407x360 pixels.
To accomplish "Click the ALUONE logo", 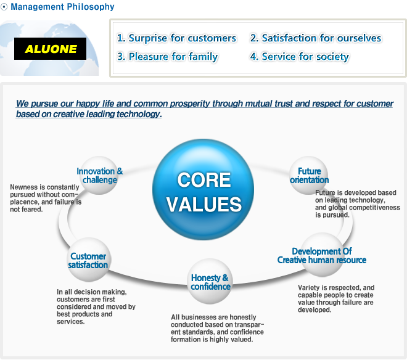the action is [50, 49].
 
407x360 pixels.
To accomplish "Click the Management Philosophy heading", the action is [62, 7].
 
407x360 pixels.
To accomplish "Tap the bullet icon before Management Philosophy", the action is [4, 7].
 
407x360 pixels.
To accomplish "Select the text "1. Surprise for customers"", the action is [176, 38].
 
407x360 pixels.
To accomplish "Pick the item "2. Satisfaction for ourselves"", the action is [316, 38].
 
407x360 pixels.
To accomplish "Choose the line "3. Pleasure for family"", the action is [167, 57].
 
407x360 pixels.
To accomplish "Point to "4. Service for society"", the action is [300, 57].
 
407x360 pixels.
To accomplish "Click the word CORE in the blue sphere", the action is [204, 180].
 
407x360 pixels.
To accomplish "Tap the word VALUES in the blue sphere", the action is [204, 204].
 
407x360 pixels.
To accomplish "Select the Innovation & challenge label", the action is [100, 176].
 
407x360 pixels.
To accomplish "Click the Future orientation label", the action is [309, 176].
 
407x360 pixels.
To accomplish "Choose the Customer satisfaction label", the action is [88, 261].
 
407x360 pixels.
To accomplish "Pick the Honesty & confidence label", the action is [210, 282].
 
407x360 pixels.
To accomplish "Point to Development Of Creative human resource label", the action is [322, 256].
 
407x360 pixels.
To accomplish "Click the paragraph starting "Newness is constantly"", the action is [46, 198].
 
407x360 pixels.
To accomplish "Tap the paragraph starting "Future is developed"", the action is [358, 204].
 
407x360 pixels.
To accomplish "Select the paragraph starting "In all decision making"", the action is [96, 307].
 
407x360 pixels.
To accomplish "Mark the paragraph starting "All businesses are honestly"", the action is [217, 329].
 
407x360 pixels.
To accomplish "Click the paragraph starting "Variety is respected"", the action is [336, 299].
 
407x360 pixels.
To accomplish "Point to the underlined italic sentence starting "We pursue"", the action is [205, 108].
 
